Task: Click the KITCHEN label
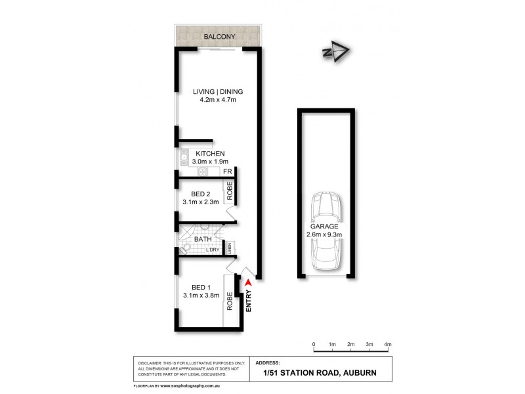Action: click(211, 154)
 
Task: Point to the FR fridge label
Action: click(227, 172)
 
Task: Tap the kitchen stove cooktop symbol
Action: click(202, 172)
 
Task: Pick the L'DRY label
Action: click(213, 250)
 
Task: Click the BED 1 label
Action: click(200, 287)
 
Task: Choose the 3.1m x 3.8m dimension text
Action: click(201, 296)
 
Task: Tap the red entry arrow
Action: click(248, 282)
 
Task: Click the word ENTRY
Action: click(249, 300)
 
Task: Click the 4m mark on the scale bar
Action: click(388, 344)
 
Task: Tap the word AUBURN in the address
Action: click(358, 373)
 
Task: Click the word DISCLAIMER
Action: click(152, 363)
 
